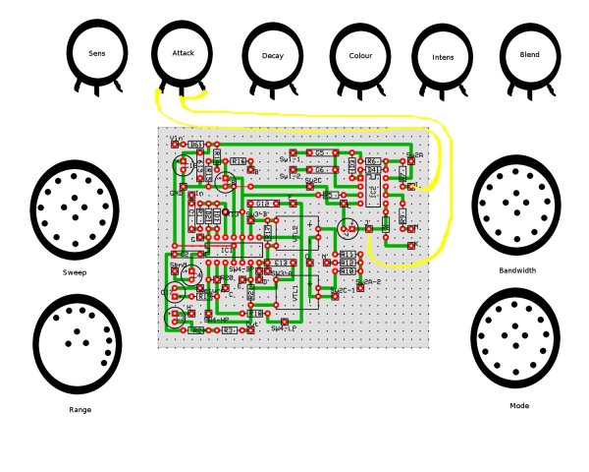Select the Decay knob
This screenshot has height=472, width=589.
[273, 55]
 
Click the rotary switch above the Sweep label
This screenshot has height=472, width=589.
[74, 209]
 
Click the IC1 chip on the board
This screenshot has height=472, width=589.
[227, 250]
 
